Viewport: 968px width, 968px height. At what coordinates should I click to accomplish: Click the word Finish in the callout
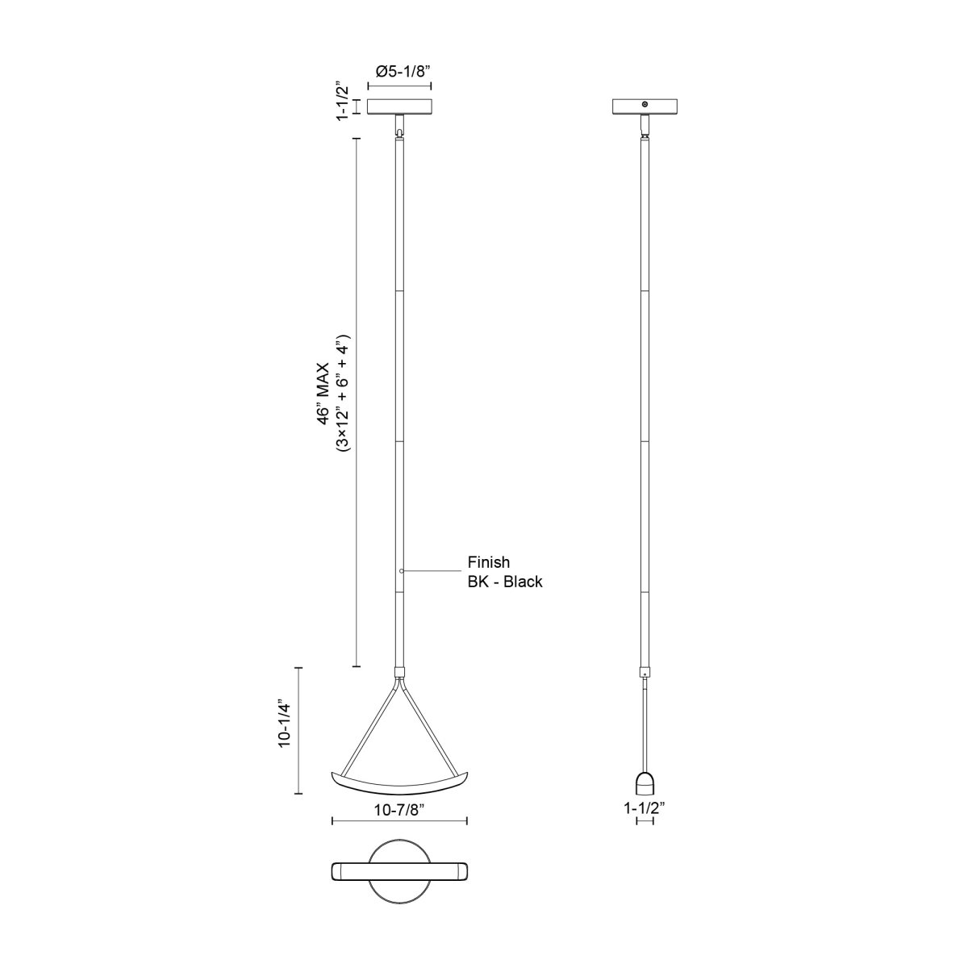point(489,562)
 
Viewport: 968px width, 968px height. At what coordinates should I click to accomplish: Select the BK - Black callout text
point(505,581)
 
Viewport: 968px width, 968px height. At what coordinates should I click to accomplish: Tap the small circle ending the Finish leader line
point(402,571)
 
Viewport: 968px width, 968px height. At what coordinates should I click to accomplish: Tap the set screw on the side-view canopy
point(644,104)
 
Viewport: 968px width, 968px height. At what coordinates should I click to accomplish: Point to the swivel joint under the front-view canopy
point(400,126)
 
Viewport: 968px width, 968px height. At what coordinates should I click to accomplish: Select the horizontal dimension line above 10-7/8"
point(400,822)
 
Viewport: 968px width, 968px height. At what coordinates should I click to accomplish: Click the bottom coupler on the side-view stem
point(644,671)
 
